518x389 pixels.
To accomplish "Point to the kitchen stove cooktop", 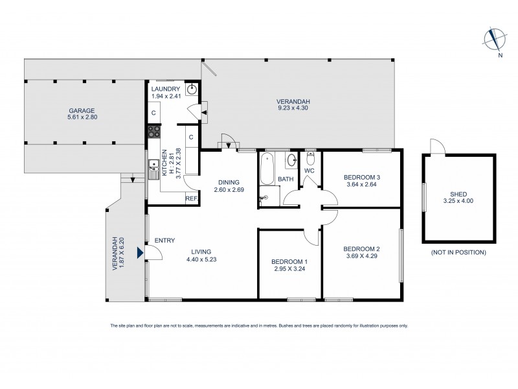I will click(x=154, y=132).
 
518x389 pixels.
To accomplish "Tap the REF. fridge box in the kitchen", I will click(x=191, y=199).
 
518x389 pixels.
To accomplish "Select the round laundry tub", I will click(x=192, y=90).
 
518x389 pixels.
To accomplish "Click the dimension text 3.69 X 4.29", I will click(x=361, y=257).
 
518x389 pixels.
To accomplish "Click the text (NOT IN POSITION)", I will click(x=458, y=252).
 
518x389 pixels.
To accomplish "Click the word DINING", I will click(x=229, y=182).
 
